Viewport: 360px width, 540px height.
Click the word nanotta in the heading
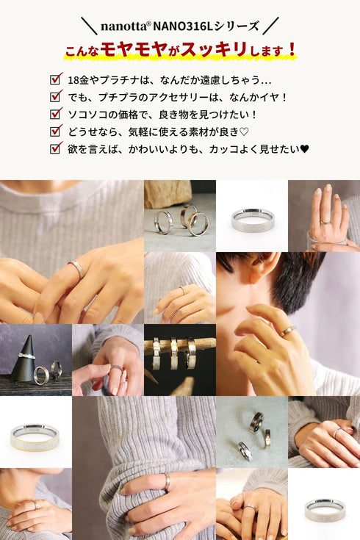click(x=124, y=26)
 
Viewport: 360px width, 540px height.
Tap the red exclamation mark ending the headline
click(x=292, y=50)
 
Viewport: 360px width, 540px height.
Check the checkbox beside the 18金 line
click(x=56, y=79)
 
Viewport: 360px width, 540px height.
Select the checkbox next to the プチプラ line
click(x=56, y=96)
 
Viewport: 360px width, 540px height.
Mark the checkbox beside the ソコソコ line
click(x=56, y=113)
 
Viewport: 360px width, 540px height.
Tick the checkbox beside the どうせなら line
click(x=56, y=130)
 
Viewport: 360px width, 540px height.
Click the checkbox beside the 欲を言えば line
click(x=56, y=148)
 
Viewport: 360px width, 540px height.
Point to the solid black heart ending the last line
click(x=305, y=149)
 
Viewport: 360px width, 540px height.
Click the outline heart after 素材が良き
click(x=244, y=132)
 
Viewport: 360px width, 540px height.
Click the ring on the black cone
click(x=26, y=356)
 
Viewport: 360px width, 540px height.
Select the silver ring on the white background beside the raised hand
click(x=252, y=220)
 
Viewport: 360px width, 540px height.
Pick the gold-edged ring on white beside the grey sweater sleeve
click(x=35, y=437)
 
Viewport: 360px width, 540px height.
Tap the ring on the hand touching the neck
click(x=287, y=331)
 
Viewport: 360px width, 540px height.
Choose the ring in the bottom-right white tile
click(x=325, y=511)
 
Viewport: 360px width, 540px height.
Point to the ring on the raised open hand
click(x=325, y=222)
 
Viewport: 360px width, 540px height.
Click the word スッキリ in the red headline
click(x=214, y=49)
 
